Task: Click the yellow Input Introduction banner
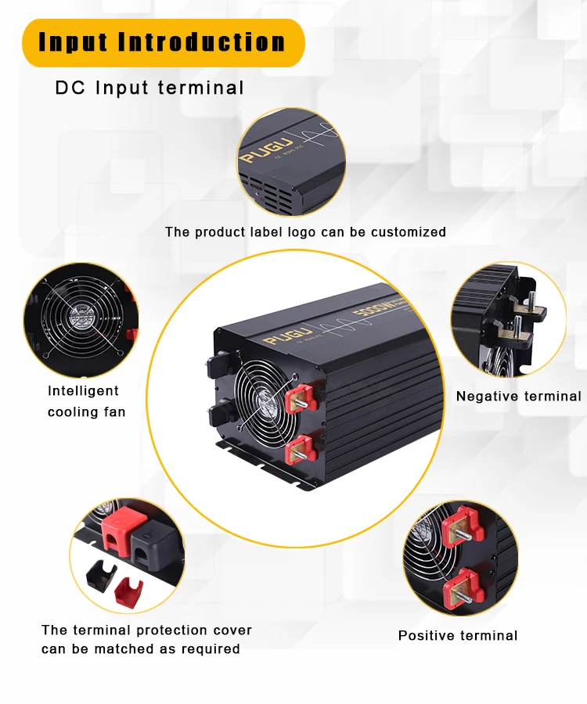[163, 42]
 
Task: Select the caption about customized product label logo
[305, 232]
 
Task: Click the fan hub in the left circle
[81, 318]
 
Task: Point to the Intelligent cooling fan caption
[85, 401]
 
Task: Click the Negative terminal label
[518, 397]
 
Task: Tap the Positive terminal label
[458, 636]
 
